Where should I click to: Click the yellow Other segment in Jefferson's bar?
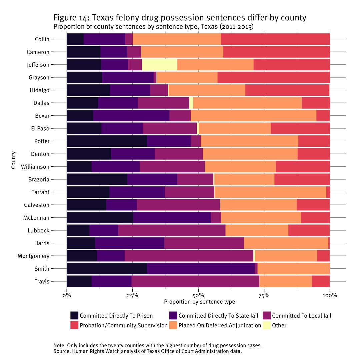159,65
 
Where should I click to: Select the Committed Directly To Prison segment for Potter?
107,141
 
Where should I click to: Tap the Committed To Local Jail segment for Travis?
195,281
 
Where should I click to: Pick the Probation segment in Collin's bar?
275,39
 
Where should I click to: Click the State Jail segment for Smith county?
201,269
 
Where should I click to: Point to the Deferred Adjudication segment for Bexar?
253,116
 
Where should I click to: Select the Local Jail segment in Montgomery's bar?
189,256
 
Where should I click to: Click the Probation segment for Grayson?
273,77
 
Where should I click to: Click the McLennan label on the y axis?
36,218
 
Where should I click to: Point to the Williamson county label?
35,167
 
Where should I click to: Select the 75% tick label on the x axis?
264,295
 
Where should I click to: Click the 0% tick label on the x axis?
67,295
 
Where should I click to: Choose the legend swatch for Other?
267,325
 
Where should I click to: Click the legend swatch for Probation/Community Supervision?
74,325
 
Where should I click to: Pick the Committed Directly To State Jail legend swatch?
173,316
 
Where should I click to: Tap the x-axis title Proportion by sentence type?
199,302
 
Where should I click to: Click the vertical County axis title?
13,160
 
